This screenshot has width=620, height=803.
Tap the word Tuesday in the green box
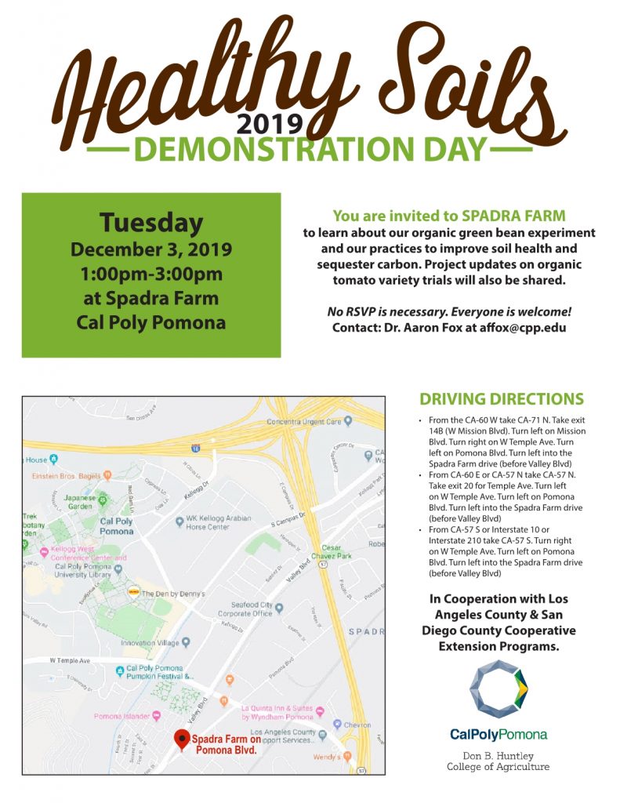(150, 223)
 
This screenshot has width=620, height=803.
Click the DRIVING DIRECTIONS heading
(502, 398)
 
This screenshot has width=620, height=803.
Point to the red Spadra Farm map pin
(182, 739)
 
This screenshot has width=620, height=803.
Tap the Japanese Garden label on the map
(78, 501)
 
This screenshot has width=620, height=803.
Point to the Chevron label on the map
(357, 725)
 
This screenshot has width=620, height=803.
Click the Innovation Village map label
(149, 642)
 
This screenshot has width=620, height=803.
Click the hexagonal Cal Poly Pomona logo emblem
(499, 691)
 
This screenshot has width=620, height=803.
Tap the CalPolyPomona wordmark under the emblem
(499, 735)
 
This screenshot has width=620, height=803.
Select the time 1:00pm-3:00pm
(151, 274)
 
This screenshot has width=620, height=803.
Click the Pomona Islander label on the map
(122, 715)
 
